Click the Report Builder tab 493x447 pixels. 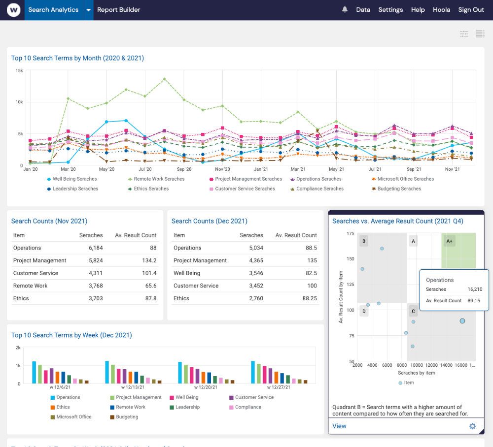118,10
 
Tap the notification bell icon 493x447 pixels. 345,9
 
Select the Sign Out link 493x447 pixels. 471,10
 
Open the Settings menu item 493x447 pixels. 390,10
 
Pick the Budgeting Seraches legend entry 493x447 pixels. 399,189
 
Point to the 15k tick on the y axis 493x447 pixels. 19,71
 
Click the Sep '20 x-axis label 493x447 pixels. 184,169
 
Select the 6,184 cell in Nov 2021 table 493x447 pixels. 96,248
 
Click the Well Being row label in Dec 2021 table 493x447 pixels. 187,273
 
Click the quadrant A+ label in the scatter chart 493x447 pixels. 449,241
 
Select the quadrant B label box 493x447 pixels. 364,241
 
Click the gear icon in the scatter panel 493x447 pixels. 472,426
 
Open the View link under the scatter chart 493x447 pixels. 339,426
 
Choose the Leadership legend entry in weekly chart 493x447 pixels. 187,407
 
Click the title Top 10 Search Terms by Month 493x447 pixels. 77,58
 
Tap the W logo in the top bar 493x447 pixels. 13,10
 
